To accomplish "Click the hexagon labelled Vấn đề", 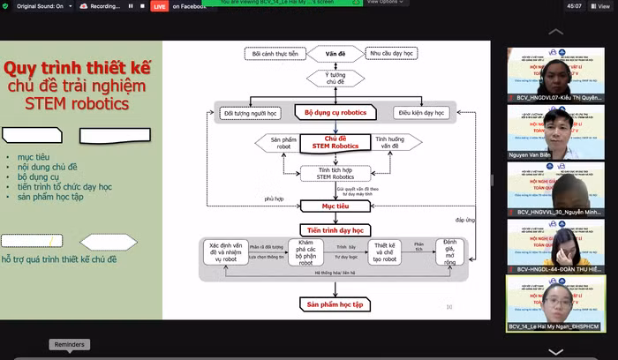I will click(x=335, y=55).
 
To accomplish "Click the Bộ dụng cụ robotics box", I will click(x=335, y=113).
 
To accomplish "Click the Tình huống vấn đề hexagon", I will click(x=395, y=143).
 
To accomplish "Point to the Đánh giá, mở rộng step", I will click(x=450, y=252).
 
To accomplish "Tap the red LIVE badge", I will click(x=159, y=6).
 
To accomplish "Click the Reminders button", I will click(x=70, y=344).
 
